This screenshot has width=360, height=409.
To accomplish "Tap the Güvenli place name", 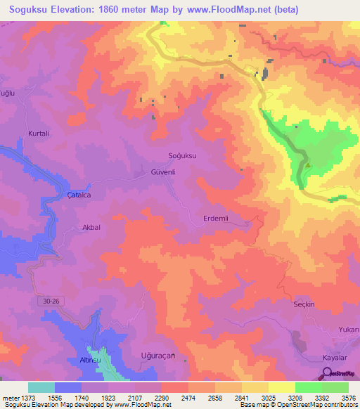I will [x=162, y=171].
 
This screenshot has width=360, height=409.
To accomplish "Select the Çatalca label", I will [x=79, y=195].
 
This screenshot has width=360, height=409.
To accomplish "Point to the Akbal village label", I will [x=91, y=228].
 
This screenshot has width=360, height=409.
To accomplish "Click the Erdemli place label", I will [x=216, y=218].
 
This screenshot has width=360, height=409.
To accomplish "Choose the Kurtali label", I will [x=39, y=133].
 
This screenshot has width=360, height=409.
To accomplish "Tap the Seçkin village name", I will [x=307, y=304].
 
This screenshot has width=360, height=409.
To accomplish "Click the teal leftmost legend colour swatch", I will [x=41, y=387].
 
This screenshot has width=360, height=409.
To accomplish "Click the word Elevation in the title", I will [x=84, y=10].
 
